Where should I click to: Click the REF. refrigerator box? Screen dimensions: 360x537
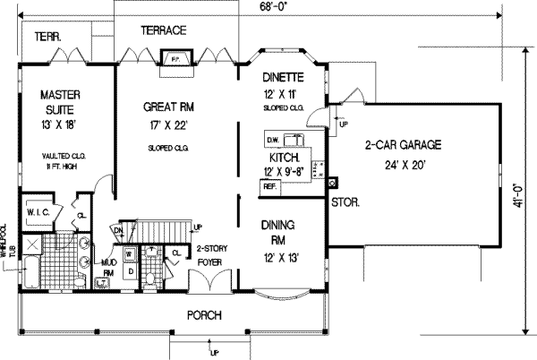pos(268,186)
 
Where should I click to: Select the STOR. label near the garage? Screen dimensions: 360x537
pos(345,203)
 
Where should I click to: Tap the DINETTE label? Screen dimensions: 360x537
pos(286,78)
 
